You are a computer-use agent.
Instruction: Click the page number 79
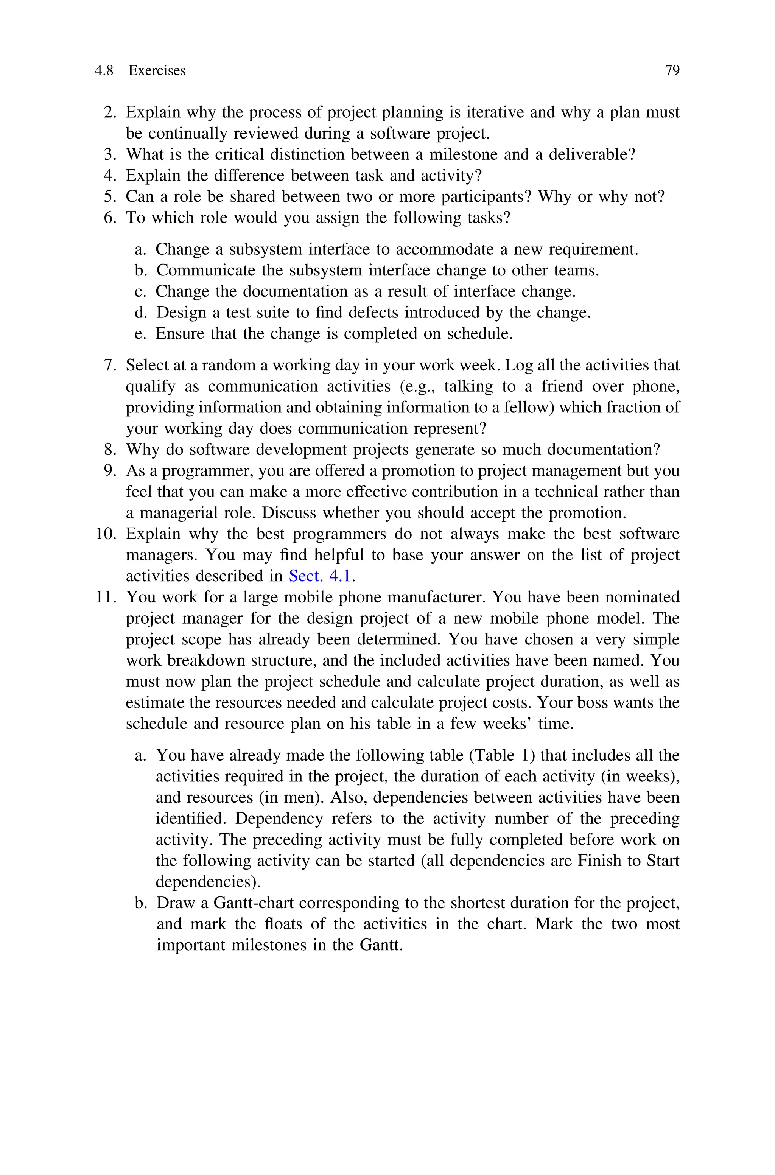tap(672, 71)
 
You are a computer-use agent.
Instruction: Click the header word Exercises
tap(157, 71)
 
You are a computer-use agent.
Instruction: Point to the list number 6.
tap(110, 218)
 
